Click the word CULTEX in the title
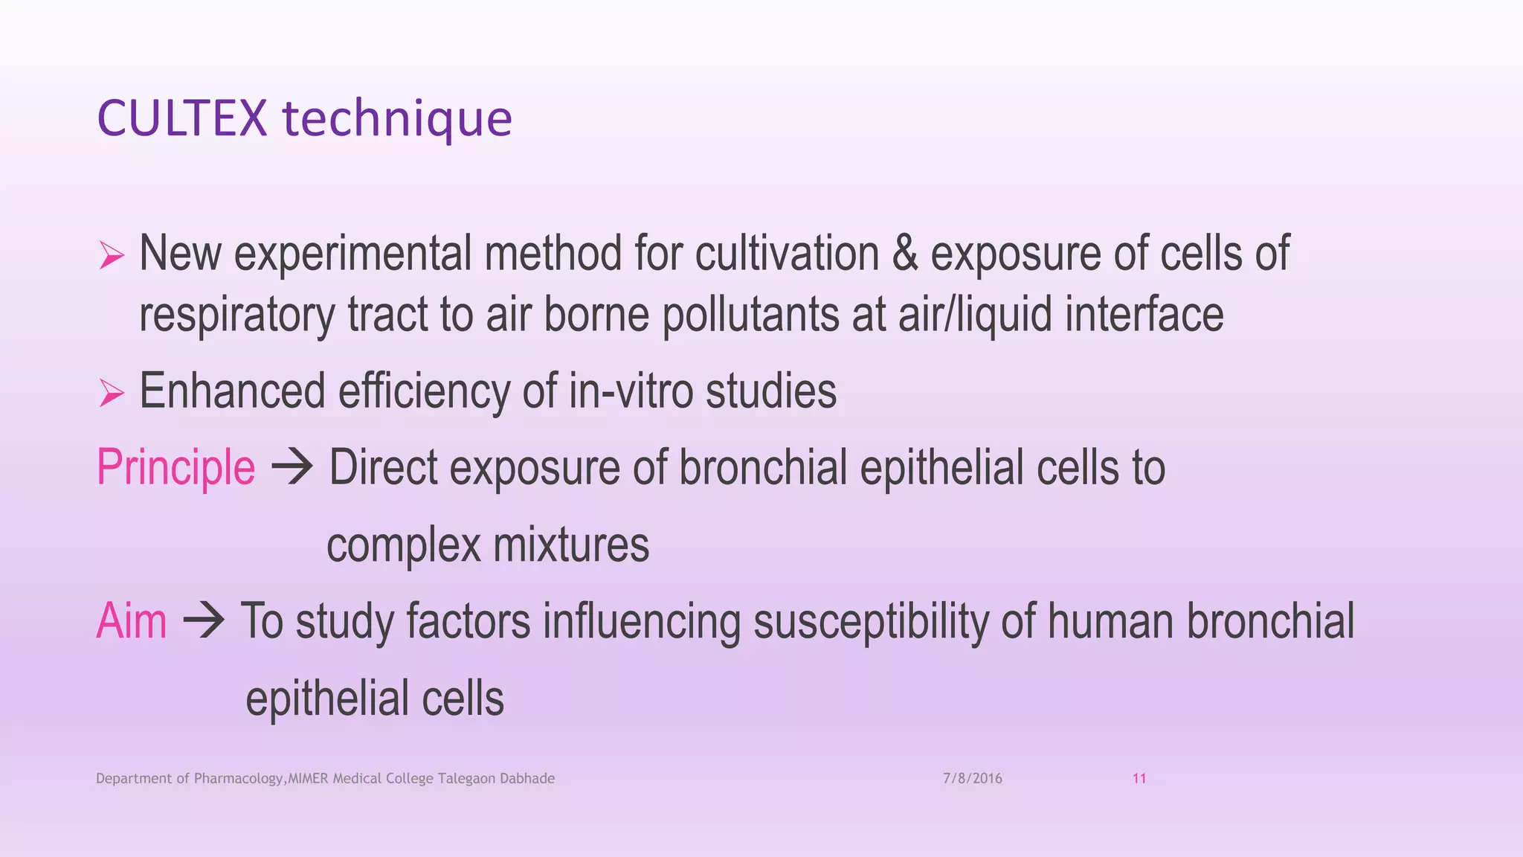[181, 118]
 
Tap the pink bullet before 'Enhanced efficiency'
[112, 393]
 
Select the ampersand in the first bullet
[904, 254]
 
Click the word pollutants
[750, 315]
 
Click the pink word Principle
[176, 468]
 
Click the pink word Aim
[131, 621]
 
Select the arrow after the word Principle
[292, 468]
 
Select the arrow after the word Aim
[203, 621]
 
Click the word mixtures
[570, 545]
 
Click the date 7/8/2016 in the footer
[972, 779]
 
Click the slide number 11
[1139, 779]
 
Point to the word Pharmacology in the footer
[238, 779]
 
